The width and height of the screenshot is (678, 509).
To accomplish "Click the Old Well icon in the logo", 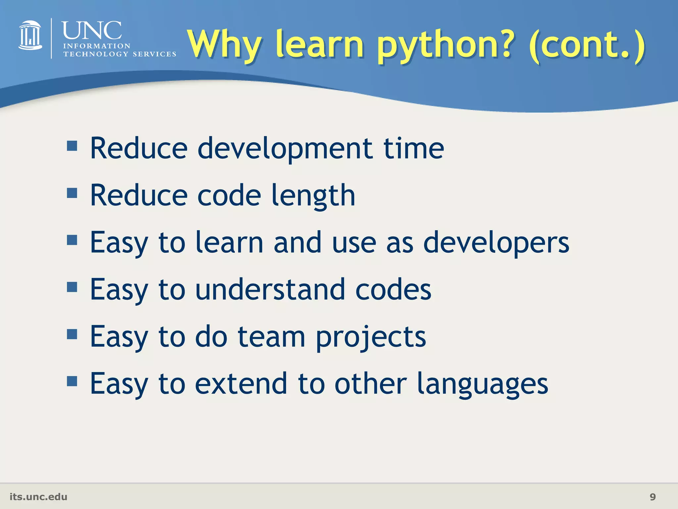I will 30,35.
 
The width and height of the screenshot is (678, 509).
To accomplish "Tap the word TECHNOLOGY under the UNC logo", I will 96,54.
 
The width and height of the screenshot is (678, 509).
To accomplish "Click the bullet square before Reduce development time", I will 72,146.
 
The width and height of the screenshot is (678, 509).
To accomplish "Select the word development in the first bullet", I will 285,149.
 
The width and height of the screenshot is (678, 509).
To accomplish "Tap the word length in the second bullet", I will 313,196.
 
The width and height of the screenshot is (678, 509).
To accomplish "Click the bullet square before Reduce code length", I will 72,193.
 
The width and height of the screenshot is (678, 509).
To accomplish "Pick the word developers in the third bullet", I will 496,243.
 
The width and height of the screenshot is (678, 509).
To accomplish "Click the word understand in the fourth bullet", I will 270,290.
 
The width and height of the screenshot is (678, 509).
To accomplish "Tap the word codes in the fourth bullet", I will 393,290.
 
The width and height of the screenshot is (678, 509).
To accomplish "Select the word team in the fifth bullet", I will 271,337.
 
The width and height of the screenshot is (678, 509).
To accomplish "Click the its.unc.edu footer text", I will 38,497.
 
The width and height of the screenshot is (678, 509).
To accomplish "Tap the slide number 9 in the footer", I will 653,497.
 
